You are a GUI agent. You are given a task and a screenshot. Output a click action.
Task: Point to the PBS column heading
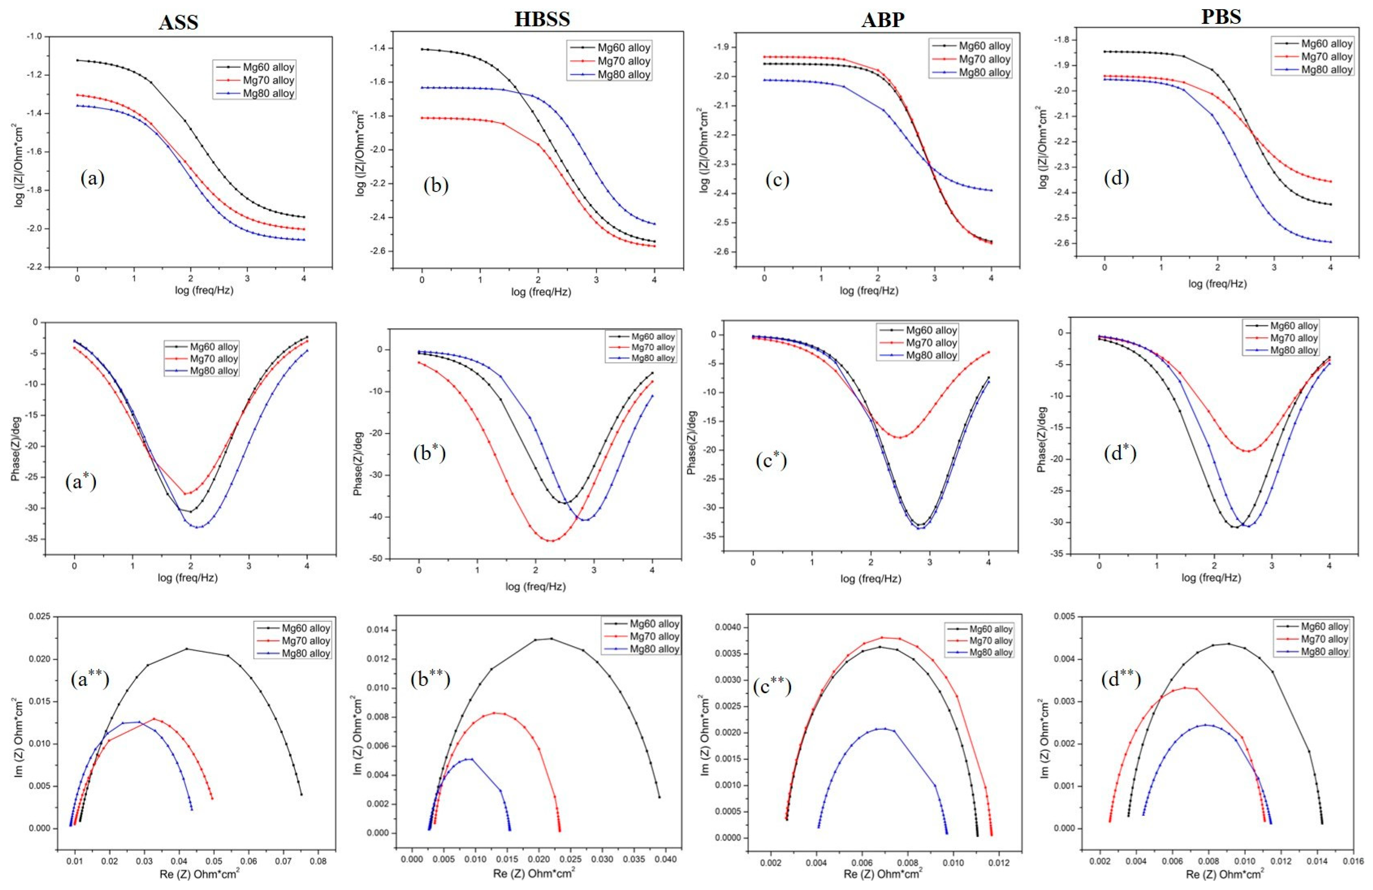coord(1221,17)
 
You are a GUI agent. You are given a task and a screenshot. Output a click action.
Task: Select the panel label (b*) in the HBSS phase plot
coord(429,453)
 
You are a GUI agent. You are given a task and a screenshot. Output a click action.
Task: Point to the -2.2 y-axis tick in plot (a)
coord(33,267)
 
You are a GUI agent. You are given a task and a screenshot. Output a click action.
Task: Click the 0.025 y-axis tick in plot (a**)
coord(40,616)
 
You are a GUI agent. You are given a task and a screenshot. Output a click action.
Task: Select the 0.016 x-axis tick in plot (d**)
coord(1353,861)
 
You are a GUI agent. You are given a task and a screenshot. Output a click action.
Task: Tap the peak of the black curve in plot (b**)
coord(551,638)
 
